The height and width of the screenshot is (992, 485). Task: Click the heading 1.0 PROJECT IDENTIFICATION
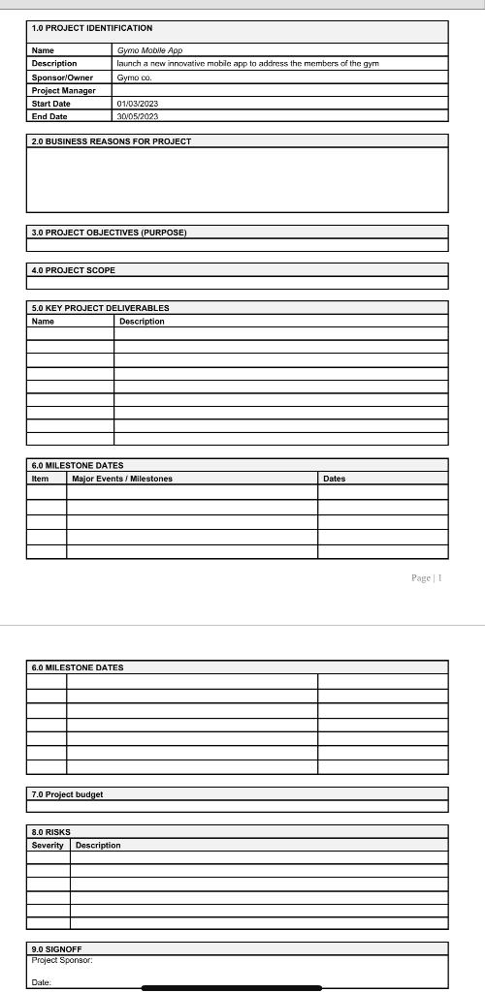[x=92, y=28]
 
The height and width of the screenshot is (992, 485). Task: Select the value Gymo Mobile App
[x=149, y=50]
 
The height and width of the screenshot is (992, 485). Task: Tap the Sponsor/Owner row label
[x=62, y=77]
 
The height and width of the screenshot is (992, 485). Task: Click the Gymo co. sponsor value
[x=135, y=77]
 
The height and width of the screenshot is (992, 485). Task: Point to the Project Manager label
[x=64, y=90]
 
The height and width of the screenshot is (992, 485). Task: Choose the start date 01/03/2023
[x=138, y=104]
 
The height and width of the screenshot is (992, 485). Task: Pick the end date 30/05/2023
[x=138, y=116]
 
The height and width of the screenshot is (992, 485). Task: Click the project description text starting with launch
[x=247, y=64]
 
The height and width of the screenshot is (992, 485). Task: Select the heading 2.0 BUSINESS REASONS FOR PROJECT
[x=112, y=141]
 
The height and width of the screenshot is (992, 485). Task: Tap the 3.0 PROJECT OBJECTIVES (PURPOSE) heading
[x=109, y=232]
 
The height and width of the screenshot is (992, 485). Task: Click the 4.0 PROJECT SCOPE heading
[x=74, y=270]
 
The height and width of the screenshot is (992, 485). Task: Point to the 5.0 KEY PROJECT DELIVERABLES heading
[x=101, y=308]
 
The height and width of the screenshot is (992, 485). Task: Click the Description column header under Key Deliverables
[x=142, y=322]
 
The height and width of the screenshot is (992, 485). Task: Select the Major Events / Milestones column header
[x=122, y=479]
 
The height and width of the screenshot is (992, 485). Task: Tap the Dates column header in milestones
[x=334, y=479]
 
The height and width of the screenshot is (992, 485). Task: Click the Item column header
[x=41, y=479]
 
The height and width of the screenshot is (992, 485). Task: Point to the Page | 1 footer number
[x=426, y=578]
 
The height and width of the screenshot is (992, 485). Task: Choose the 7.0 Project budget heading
[x=67, y=794]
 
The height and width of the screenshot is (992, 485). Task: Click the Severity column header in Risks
[x=48, y=846]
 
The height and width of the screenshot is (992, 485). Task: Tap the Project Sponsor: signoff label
[x=62, y=961]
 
